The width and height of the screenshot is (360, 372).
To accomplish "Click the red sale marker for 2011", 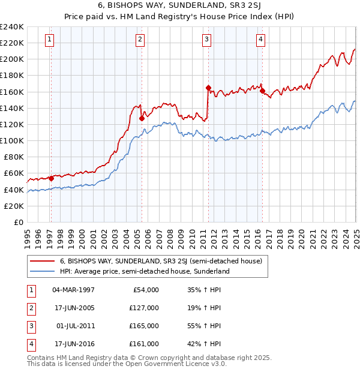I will coord(208,88).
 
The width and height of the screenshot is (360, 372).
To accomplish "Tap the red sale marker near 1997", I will coord(51,178).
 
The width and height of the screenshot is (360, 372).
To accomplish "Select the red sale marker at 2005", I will coord(142,118).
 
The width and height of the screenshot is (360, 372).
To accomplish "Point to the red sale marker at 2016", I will coord(262,91).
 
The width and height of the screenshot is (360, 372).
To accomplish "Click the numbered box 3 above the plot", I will coord(206,40).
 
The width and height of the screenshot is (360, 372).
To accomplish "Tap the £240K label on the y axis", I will coord(11,27).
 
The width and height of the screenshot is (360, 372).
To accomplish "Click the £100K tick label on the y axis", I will coord(11,140).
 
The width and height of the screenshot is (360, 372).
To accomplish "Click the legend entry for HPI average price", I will coord(145,271).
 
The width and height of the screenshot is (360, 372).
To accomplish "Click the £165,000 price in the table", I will coord(145,326).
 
